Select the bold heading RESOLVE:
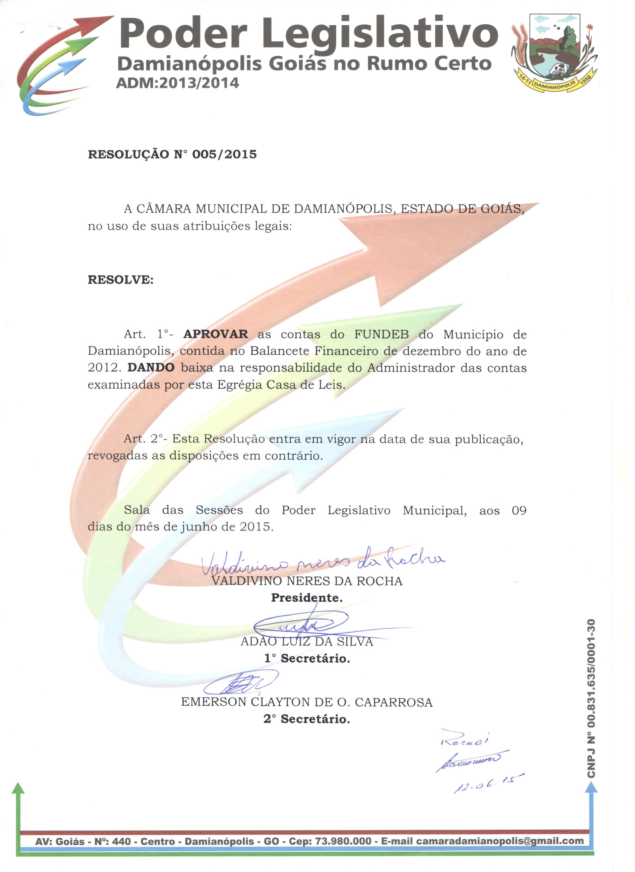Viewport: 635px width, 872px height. tap(121, 280)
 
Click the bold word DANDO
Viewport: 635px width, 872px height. tap(151, 368)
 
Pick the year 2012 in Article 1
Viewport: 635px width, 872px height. tap(102, 368)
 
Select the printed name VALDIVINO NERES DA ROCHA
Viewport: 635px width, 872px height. tap(307, 581)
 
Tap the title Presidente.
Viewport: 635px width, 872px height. tap(307, 598)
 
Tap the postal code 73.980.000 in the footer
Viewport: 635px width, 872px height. tap(343, 841)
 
